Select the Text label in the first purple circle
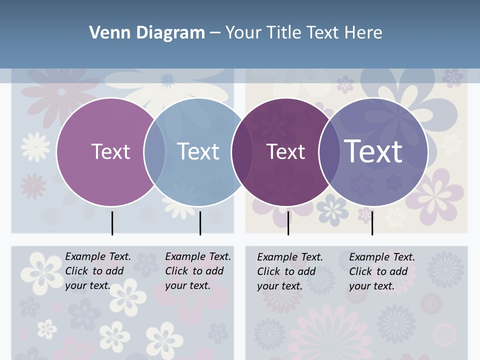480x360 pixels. [x=110, y=151]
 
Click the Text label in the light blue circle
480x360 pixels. [x=198, y=151]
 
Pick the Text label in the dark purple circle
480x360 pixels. [x=285, y=151]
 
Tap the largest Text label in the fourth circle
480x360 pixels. [x=373, y=151]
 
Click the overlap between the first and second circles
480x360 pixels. [x=154, y=152]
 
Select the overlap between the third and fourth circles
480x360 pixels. [x=328, y=152]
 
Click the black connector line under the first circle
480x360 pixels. [x=112, y=223]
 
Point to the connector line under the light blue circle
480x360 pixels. [x=200, y=223]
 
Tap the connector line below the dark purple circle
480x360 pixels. [x=288, y=223]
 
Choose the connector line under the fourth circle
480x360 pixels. [x=372, y=223]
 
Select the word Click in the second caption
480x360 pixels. [x=176, y=271]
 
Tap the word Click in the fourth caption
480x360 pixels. [x=360, y=271]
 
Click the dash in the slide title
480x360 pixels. [x=215, y=33]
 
